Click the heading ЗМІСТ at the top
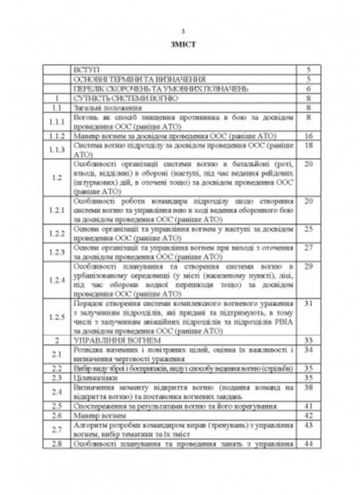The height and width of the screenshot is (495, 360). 180,45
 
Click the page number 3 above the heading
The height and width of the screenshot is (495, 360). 180,31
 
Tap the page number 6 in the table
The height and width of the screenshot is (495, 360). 307,88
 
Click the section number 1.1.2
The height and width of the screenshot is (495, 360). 57,136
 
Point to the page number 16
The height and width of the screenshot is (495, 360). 307,136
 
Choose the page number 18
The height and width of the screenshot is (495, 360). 307,145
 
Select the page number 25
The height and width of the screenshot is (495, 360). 307,230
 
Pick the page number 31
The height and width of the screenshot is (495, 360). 307,305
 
